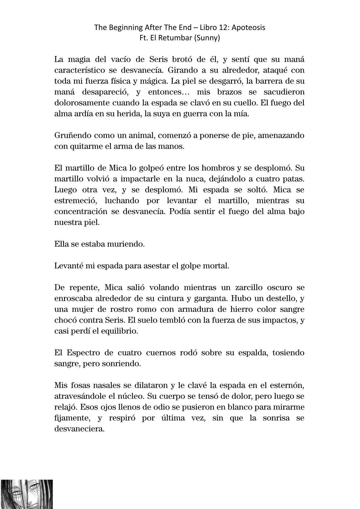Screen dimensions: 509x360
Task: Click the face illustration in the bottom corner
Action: click(x=27, y=494)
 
